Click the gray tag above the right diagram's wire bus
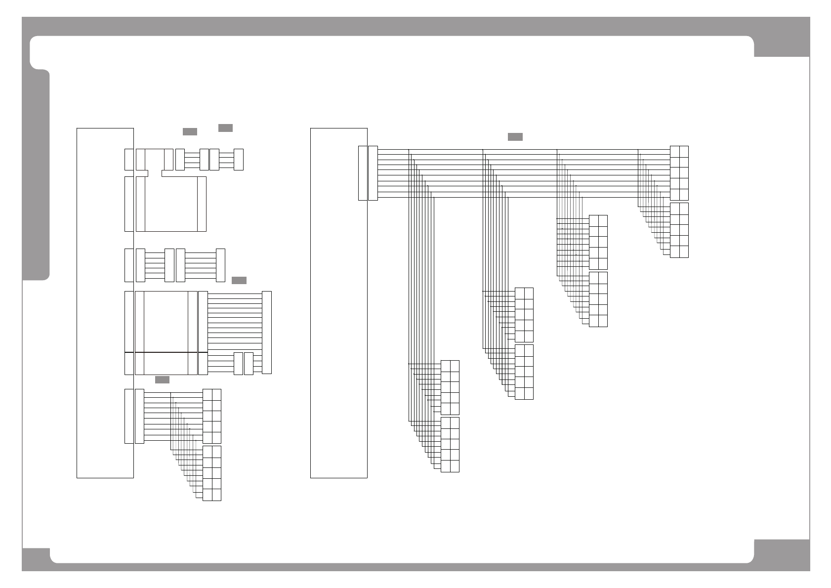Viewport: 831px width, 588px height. pyautogui.click(x=515, y=137)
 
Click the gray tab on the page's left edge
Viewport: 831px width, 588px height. pyautogui.click(x=36, y=175)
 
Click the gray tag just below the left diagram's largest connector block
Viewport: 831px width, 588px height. pyautogui.click(x=162, y=379)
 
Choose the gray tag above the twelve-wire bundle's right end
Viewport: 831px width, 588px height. pyautogui.click(x=239, y=281)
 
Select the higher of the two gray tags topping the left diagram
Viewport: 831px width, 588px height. pyautogui.click(x=225, y=128)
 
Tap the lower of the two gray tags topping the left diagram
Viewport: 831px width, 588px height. pyautogui.click(x=190, y=131)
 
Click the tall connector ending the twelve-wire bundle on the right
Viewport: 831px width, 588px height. pyautogui.click(x=267, y=332)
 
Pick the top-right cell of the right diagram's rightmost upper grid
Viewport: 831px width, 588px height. pyautogui.click(x=684, y=151)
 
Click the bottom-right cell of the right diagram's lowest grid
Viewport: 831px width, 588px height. pyautogui.click(x=455, y=466)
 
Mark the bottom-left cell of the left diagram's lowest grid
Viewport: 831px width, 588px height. pyautogui.click(x=207, y=495)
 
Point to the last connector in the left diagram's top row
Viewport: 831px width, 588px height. pyautogui.click(x=238, y=159)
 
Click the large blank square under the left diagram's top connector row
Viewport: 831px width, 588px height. pyautogui.click(x=171, y=204)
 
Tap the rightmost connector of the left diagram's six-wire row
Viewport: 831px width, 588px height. pyautogui.click(x=220, y=265)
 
